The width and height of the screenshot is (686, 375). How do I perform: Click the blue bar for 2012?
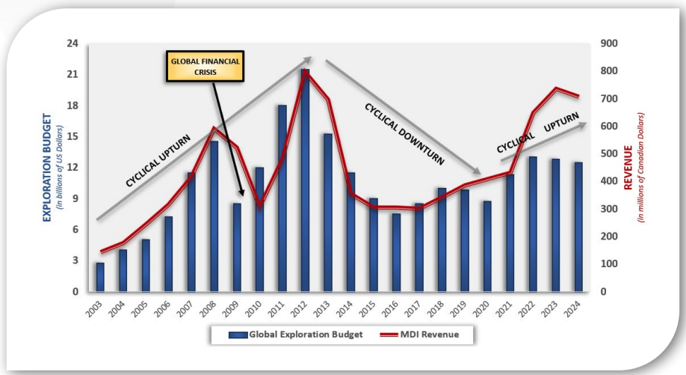[305, 180]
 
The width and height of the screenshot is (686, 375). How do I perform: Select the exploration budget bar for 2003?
[100, 277]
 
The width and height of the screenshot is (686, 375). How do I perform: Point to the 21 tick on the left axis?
[73, 75]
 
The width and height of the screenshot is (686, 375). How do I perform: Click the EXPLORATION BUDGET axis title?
[47, 168]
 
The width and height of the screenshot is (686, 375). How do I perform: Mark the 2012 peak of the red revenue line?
[305, 72]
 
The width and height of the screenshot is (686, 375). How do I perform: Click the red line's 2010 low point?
[259, 207]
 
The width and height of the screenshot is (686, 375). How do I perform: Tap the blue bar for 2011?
[282, 198]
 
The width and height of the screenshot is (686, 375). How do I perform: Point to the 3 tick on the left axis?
[75, 260]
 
